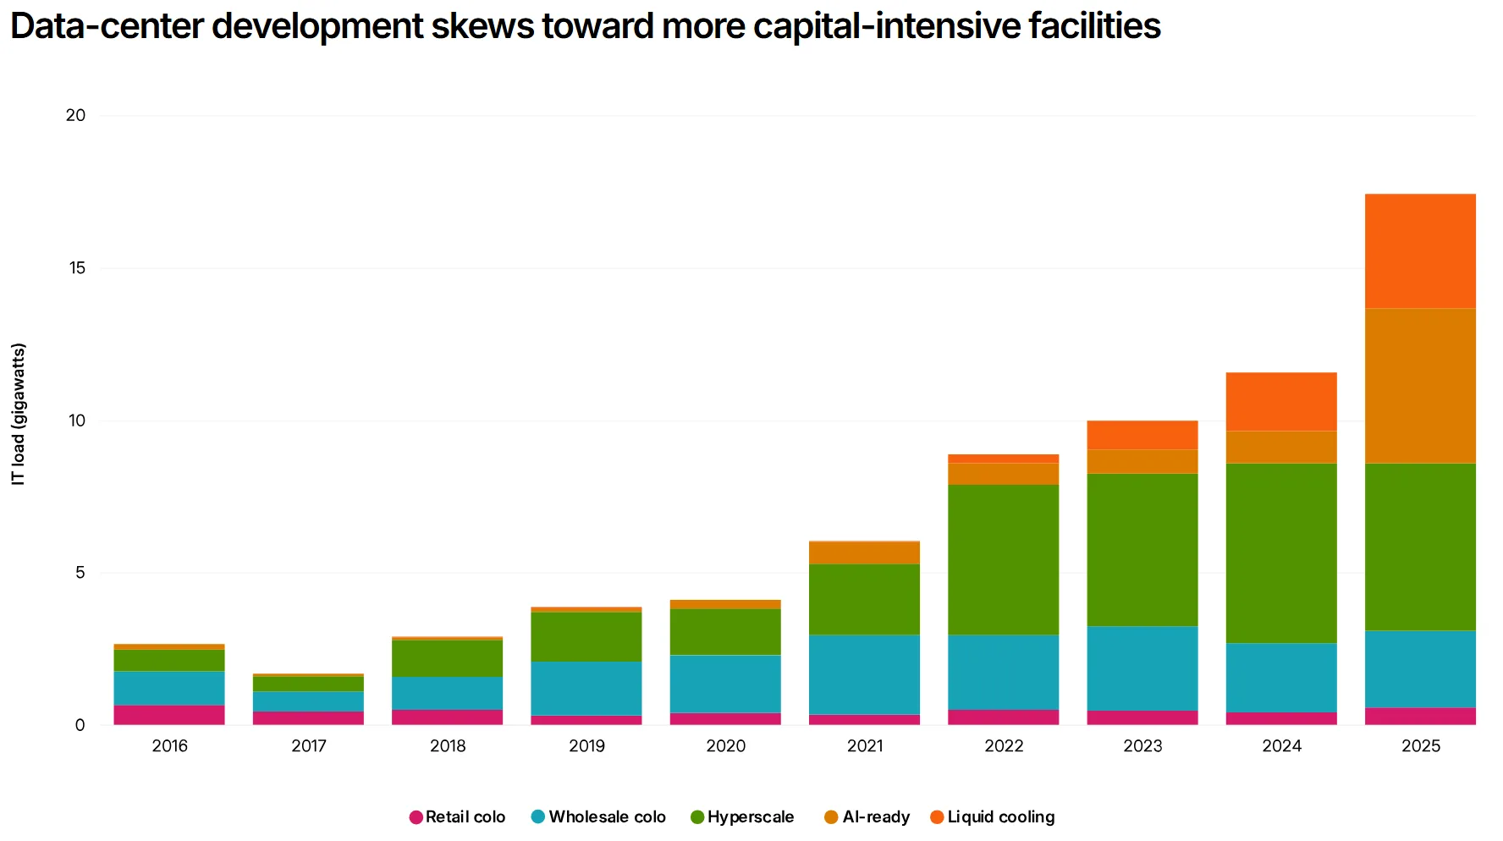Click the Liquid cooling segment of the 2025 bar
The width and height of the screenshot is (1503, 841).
[1420, 251]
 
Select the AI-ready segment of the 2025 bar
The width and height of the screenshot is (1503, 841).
[1420, 386]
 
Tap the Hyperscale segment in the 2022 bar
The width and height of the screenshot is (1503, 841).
[1003, 559]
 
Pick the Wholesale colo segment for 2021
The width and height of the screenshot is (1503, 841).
[864, 674]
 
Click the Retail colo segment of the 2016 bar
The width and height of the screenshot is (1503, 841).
[169, 715]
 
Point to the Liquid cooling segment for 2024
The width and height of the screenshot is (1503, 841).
[1281, 402]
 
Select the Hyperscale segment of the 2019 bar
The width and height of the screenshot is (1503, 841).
[586, 636]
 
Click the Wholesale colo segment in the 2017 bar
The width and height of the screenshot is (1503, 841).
[308, 701]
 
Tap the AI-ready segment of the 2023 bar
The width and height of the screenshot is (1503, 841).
[1142, 461]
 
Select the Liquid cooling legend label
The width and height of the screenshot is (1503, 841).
[1000, 817]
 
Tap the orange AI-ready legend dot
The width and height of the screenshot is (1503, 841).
[831, 817]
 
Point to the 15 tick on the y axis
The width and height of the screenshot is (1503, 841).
[78, 268]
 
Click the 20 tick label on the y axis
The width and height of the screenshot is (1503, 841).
[76, 116]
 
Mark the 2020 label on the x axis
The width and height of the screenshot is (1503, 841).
[725, 746]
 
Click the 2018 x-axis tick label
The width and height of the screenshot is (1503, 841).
[448, 746]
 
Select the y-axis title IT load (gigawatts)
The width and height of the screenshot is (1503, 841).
[19, 414]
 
